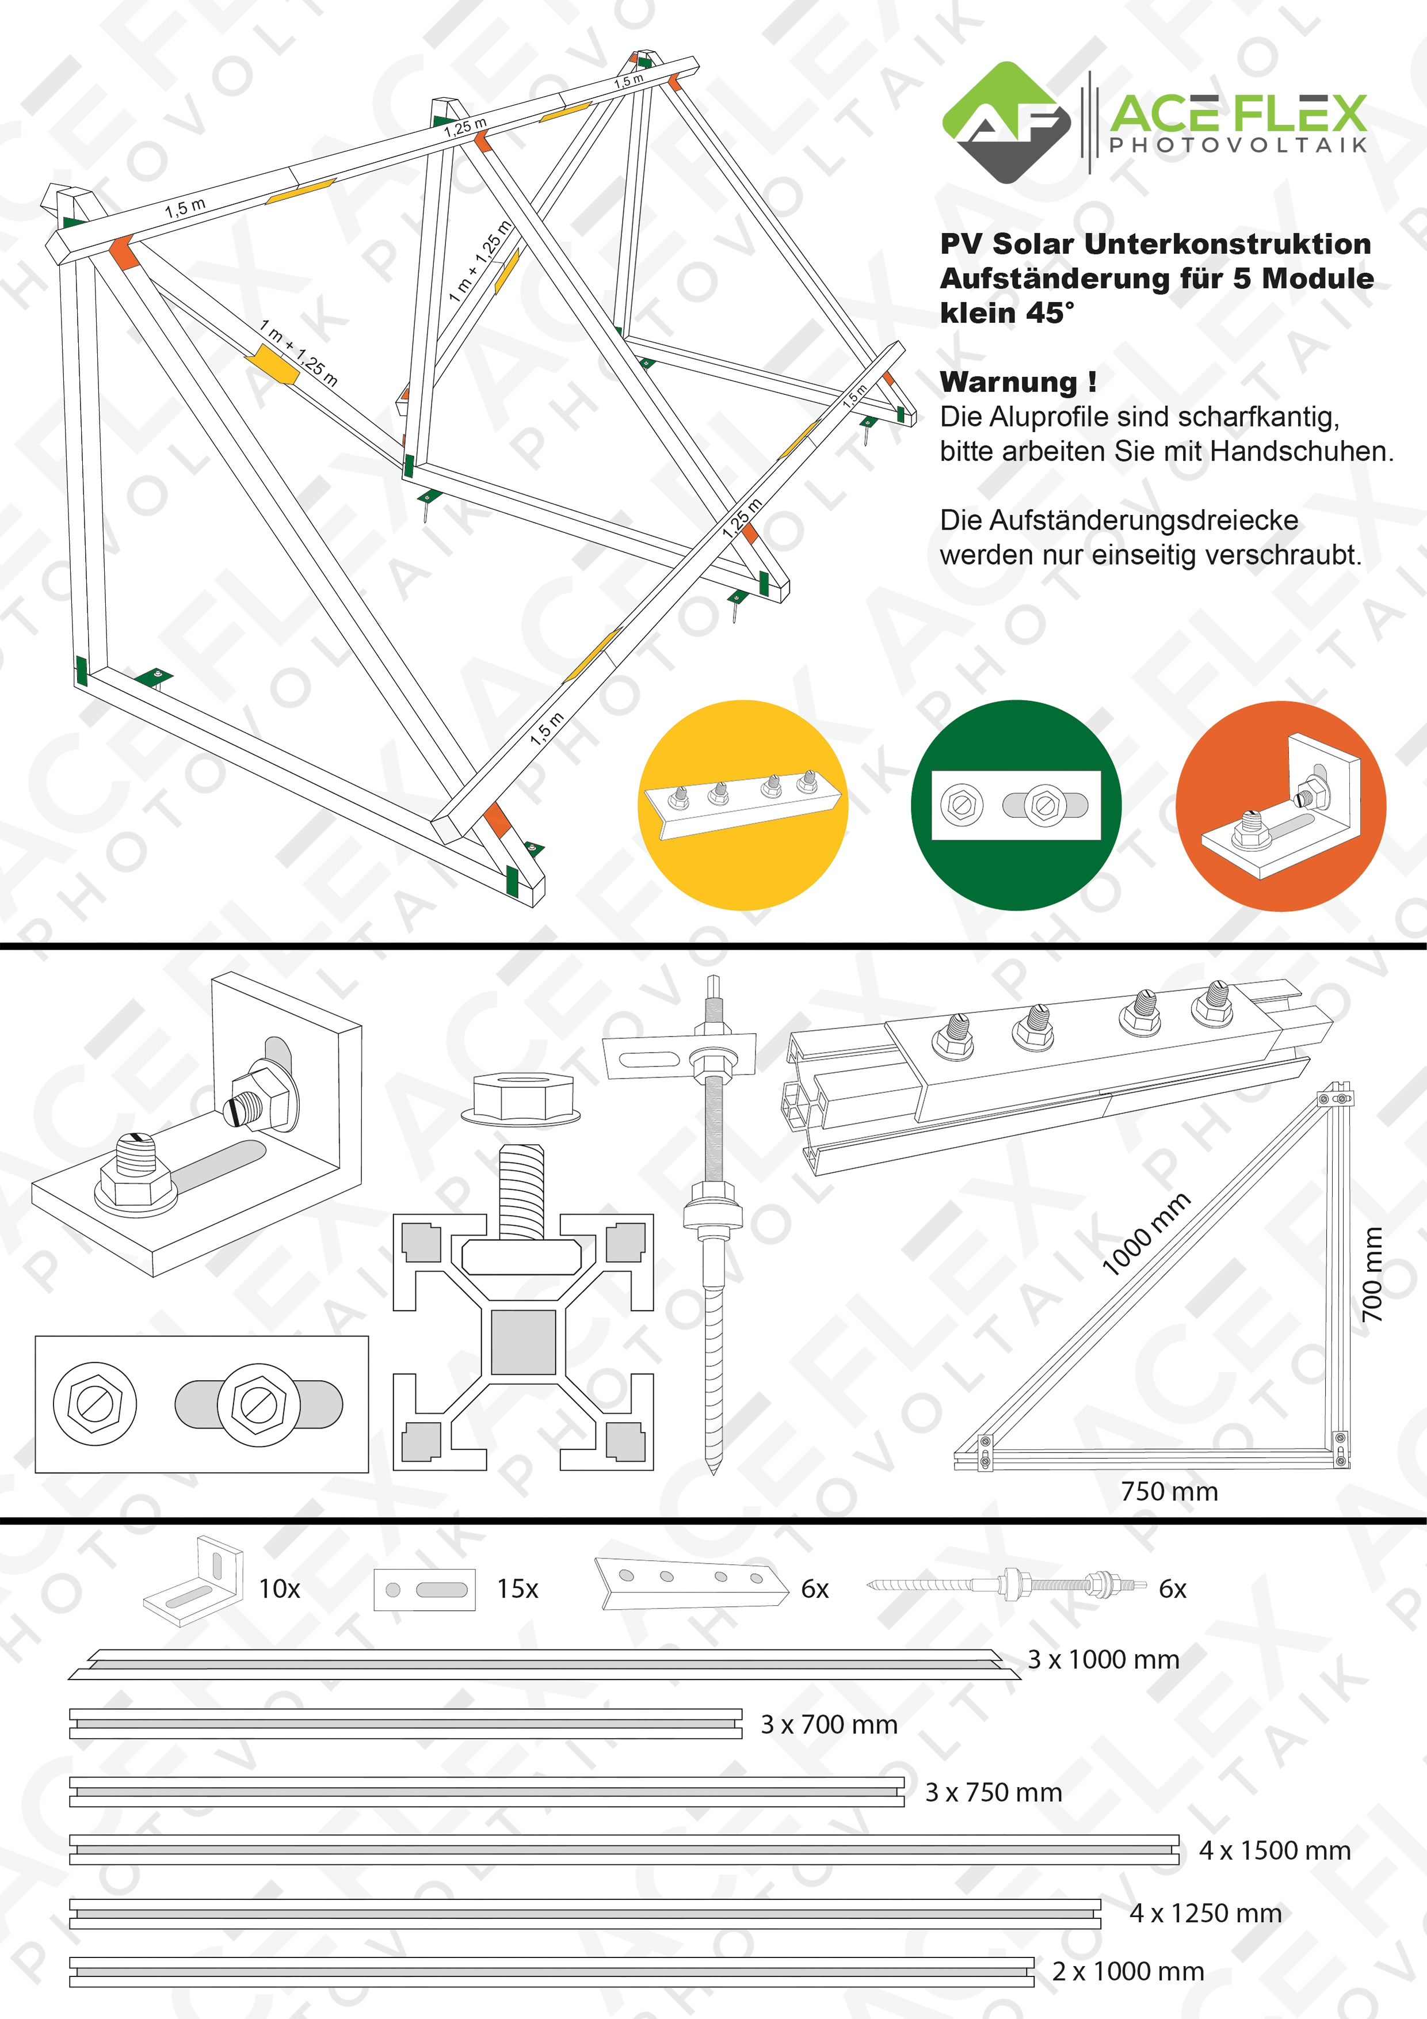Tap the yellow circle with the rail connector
click(743, 805)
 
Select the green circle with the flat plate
click(1016, 805)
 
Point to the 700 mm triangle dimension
click(1372, 1274)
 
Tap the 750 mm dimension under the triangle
click(1169, 1491)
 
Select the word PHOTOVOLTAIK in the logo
click(1238, 144)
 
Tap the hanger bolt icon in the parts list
click(1007, 1586)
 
